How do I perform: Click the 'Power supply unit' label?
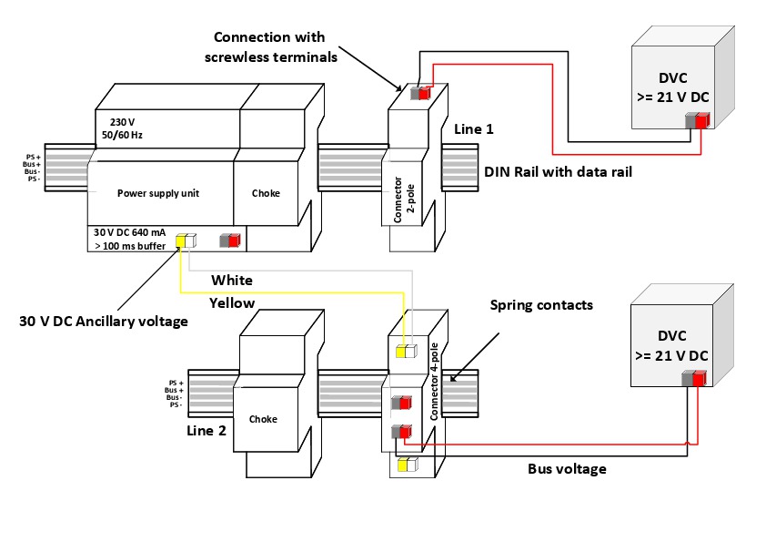click(157, 193)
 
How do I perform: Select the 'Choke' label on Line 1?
click(266, 193)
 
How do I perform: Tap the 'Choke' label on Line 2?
click(262, 419)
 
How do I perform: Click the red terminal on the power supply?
click(233, 240)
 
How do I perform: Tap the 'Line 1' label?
click(473, 130)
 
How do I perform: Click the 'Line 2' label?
click(207, 430)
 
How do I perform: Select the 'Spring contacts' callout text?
click(541, 304)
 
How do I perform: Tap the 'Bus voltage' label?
click(567, 469)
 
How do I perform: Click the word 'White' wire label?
click(232, 280)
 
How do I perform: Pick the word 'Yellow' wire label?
click(232, 302)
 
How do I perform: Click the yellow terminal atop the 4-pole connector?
click(401, 351)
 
